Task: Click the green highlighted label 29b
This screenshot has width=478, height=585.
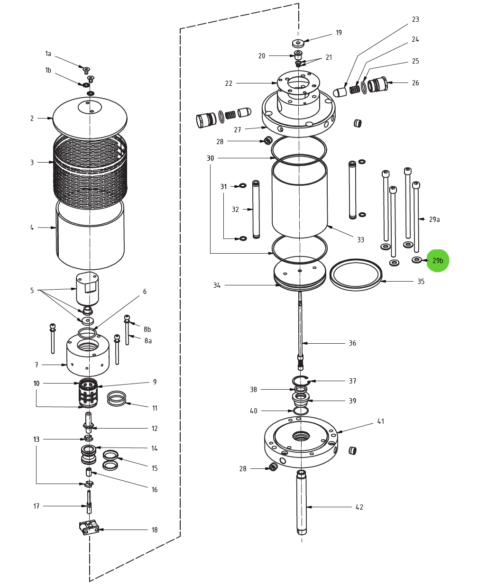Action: coord(437,261)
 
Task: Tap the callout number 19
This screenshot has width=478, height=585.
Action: coord(339,33)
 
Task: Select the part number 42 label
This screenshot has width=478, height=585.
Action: coord(359,507)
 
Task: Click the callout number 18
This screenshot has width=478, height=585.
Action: coord(155,530)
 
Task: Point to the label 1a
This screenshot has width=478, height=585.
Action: coord(48,54)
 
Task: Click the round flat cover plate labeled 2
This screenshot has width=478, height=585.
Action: coord(90,119)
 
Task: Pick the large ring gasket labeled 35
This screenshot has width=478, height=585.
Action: coord(356,275)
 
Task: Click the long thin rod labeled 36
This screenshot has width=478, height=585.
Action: coord(300,327)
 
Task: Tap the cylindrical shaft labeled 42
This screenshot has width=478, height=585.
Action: coord(302,503)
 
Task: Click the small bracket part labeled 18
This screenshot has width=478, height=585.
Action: coord(89,527)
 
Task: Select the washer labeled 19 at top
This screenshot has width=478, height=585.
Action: coord(298,43)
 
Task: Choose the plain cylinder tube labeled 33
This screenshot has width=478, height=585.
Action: coord(300,199)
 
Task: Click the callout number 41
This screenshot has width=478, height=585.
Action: coord(380,421)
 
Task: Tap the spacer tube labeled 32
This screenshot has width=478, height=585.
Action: coord(256,209)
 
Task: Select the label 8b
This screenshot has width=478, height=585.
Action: coord(147,329)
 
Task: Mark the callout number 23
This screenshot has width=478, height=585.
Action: coord(415,19)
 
